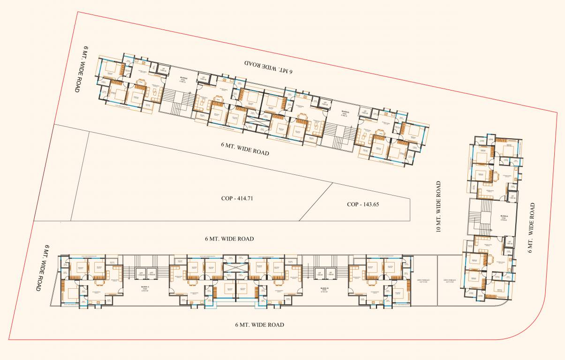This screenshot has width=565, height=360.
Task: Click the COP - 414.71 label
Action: (x=237, y=198)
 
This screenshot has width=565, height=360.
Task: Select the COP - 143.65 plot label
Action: (x=362, y=204)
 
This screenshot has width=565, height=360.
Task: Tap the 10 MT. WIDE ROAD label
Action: (x=438, y=207)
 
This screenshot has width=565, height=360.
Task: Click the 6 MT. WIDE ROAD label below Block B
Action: (x=260, y=324)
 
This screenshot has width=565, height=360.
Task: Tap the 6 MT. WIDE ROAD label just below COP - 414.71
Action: (x=229, y=239)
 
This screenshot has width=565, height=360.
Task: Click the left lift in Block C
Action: (x=140, y=274)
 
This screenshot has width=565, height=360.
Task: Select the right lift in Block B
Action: (x=331, y=274)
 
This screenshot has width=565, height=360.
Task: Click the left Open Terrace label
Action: (x=422, y=282)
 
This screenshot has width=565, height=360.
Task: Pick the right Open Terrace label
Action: (x=449, y=282)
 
